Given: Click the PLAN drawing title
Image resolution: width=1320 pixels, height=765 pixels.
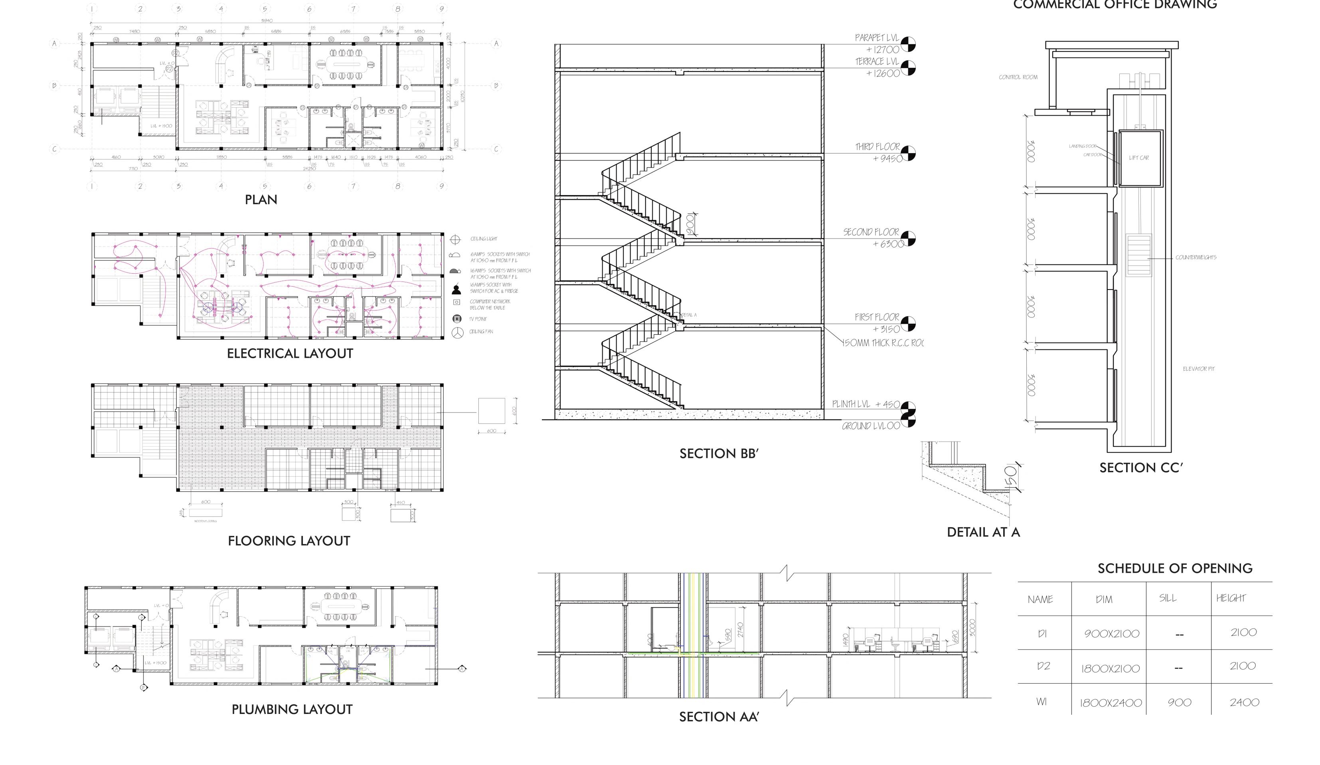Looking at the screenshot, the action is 261,199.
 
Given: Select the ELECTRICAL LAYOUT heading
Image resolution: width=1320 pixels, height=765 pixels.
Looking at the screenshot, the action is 290,353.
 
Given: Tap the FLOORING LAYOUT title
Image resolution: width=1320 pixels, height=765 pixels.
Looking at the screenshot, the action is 289,541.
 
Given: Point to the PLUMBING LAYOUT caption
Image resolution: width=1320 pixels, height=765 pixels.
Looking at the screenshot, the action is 292,710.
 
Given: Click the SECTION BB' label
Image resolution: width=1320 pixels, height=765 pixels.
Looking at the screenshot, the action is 719,453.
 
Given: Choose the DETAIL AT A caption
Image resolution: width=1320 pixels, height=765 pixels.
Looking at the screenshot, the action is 983,532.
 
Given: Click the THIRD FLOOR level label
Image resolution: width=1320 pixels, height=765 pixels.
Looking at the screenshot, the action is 877,147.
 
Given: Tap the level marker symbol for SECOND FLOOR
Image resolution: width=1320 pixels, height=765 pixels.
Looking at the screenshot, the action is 908,238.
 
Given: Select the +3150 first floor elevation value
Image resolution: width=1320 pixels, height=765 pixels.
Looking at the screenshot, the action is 886,329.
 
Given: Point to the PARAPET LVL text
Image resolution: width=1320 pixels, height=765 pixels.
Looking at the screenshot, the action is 876,38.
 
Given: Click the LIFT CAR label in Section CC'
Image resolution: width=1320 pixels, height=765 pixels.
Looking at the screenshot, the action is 1139,158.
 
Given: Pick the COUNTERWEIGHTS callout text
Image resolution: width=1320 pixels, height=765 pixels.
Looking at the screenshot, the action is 1196,258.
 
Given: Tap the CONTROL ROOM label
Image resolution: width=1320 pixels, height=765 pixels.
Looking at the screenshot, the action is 1018,77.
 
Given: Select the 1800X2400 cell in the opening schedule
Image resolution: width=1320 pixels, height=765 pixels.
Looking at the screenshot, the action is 1111,703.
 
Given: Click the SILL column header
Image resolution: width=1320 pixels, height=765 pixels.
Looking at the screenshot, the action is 1168,598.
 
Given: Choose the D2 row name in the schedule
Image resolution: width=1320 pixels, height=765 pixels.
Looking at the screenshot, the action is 1043,666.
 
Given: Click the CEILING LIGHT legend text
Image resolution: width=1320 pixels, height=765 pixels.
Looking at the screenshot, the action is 484,239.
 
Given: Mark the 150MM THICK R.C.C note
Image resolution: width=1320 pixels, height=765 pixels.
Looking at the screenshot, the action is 883,343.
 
